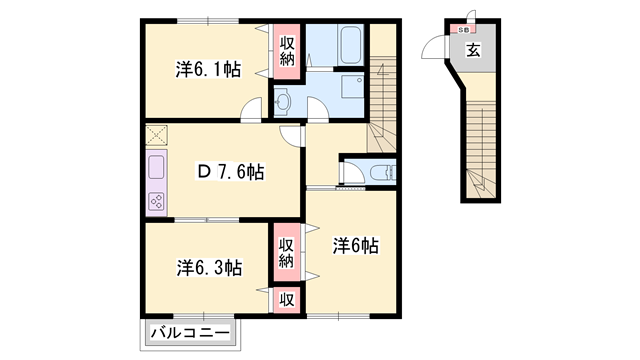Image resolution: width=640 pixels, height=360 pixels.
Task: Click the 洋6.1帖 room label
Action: click(208, 69)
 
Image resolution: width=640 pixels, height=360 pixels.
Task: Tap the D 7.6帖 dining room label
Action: click(229, 172)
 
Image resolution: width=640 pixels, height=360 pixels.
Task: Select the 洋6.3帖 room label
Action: click(209, 267)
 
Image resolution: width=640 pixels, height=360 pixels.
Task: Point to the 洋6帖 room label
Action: click(354, 243)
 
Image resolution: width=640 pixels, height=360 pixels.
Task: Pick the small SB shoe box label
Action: click(466, 29)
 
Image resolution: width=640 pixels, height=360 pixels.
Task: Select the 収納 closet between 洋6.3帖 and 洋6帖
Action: click(286, 253)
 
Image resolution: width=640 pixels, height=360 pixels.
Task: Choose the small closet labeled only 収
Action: click(286, 298)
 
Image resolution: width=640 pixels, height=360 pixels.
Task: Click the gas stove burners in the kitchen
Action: click(158, 201)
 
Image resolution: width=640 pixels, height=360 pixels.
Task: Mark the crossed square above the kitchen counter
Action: click(157, 134)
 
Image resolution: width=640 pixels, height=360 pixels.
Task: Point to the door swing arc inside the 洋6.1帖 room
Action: click(254, 106)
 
